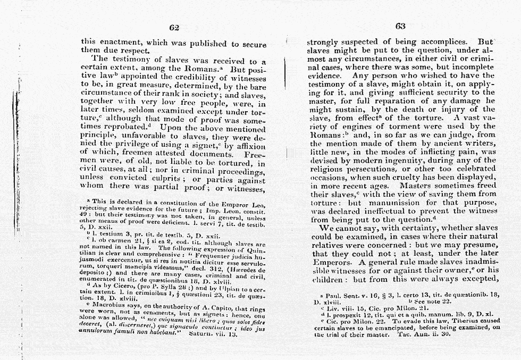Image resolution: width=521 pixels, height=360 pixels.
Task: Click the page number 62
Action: (x=173, y=28)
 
